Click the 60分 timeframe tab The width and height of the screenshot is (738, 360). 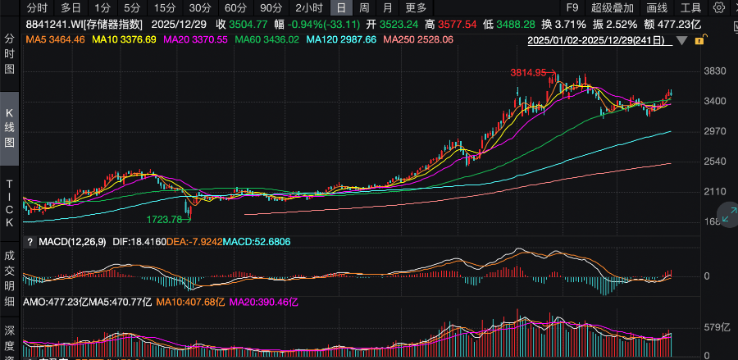[235, 7]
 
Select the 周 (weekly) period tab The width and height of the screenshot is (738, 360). [363, 7]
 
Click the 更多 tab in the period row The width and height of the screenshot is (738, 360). [416, 7]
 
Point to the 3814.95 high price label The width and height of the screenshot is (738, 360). [528, 73]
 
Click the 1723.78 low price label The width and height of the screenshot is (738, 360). [163, 220]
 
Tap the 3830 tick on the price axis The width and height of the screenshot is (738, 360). [716, 71]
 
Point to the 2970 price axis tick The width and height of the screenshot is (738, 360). [716, 131]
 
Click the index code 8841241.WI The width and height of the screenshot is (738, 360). [52, 24]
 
